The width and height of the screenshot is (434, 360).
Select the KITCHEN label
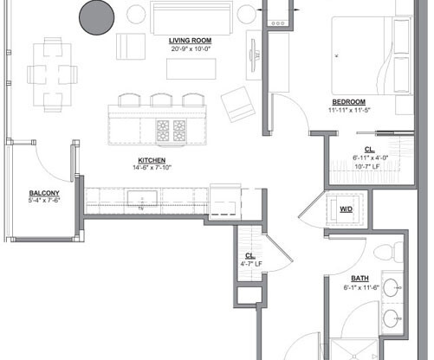point(152,159)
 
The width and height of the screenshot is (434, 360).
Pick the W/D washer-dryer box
point(346,209)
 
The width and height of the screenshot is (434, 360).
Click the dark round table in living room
point(97,16)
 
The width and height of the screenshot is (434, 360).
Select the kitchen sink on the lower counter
point(139,202)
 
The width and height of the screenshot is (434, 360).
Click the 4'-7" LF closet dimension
point(250,263)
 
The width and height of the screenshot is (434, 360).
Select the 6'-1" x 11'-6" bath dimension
point(360,286)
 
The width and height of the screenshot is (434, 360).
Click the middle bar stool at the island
point(159,100)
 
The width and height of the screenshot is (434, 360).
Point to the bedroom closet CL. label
point(369,148)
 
